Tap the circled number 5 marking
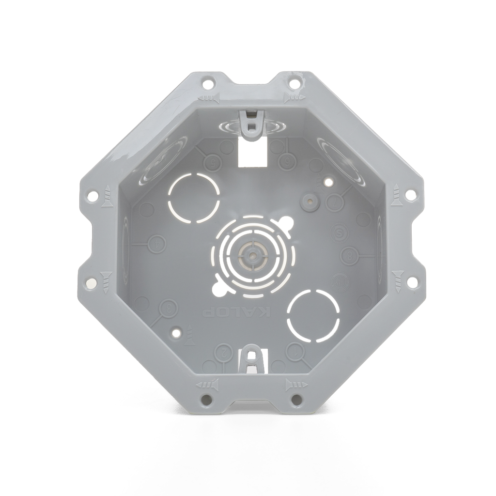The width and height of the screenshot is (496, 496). click(212, 163)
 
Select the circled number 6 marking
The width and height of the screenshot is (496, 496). click(287, 163)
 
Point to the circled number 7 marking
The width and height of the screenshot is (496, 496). click(335, 204)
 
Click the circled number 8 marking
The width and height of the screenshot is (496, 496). click(349, 255)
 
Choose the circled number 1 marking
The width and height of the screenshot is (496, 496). click(294, 351)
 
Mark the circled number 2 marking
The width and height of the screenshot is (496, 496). click(224, 351)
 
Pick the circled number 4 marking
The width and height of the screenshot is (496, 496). click(156, 244)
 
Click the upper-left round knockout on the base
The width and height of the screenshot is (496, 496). click(193, 198)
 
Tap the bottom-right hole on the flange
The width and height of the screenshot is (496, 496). click(296, 400)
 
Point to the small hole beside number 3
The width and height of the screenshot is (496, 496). click(177, 333)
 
